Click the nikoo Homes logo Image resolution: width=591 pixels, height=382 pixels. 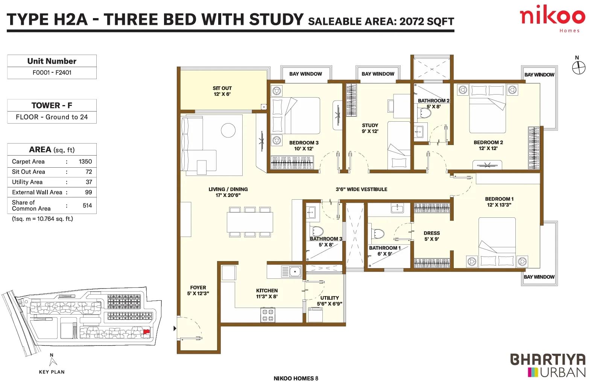click(552, 18)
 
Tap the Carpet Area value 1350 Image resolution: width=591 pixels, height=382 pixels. click(85, 161)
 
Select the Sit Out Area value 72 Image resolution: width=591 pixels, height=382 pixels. click(89, 172)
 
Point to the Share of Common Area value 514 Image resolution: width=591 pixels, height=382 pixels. click(87, 205)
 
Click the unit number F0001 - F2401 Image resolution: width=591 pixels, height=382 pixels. click(52, 72)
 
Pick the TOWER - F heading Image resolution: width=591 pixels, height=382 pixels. click(52, 105)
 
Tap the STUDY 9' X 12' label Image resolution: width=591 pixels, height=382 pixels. click(370, 128)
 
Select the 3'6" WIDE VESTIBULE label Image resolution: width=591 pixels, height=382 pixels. click(361, 189)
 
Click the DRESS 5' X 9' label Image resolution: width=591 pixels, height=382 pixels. click(431, 236)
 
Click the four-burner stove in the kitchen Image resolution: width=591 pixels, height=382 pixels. click(268, 315)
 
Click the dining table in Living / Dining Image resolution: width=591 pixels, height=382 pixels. click(249, 222)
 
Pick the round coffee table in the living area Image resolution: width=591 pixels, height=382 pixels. click(228, 130)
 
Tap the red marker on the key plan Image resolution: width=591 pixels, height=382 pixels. click(146, 332)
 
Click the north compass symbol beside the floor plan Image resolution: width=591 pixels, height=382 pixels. click(579, 68)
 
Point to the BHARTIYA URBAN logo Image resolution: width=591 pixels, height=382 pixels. click(548, 366)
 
